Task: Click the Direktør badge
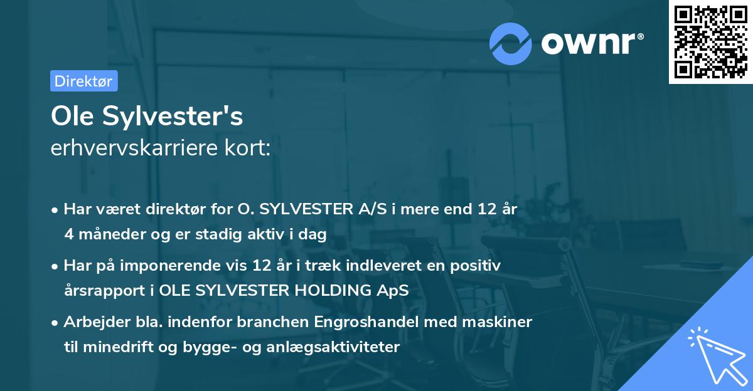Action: pos(83,81)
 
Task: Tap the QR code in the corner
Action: pos(710,42)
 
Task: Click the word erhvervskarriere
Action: pos(128,149)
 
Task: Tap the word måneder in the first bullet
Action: pos(107,234)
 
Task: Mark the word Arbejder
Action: pos(92,322)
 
